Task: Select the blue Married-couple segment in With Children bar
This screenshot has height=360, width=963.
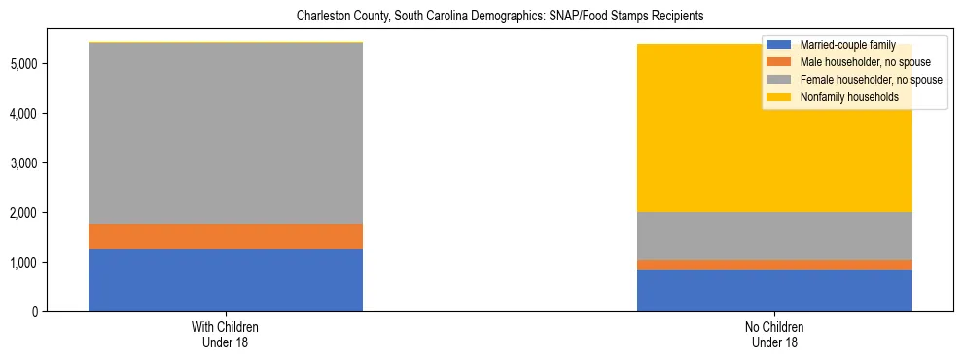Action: pos(226,280)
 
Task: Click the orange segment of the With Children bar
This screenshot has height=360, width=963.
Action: pos(226,236)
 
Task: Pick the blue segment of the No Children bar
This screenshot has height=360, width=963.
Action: pos(774,290)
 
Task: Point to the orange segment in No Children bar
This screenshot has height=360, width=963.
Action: pos(774,265)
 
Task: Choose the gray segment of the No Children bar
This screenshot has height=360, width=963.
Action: pos(774,235)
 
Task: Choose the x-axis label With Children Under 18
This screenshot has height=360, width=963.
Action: pos(226,334)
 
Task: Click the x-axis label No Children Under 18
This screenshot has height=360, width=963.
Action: pos(774,334)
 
